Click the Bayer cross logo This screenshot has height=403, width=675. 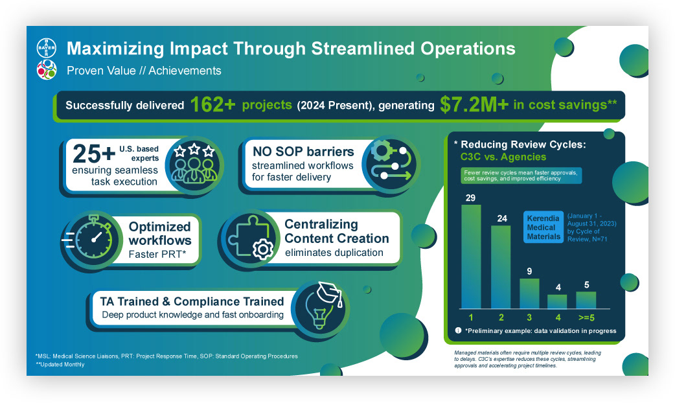[46, 49]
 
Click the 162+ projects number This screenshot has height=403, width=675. [212, 106]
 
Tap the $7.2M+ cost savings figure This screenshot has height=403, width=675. [474, 106]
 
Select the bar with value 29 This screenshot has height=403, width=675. [471, 257]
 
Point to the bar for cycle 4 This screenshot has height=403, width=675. [557, 302]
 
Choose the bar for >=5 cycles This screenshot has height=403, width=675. [586, 300]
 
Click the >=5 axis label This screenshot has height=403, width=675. [586, 317]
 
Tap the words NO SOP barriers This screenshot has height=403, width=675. [294, 152]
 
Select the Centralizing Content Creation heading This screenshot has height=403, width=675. [336, 231]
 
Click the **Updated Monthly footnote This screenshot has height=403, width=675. [60, 365]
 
